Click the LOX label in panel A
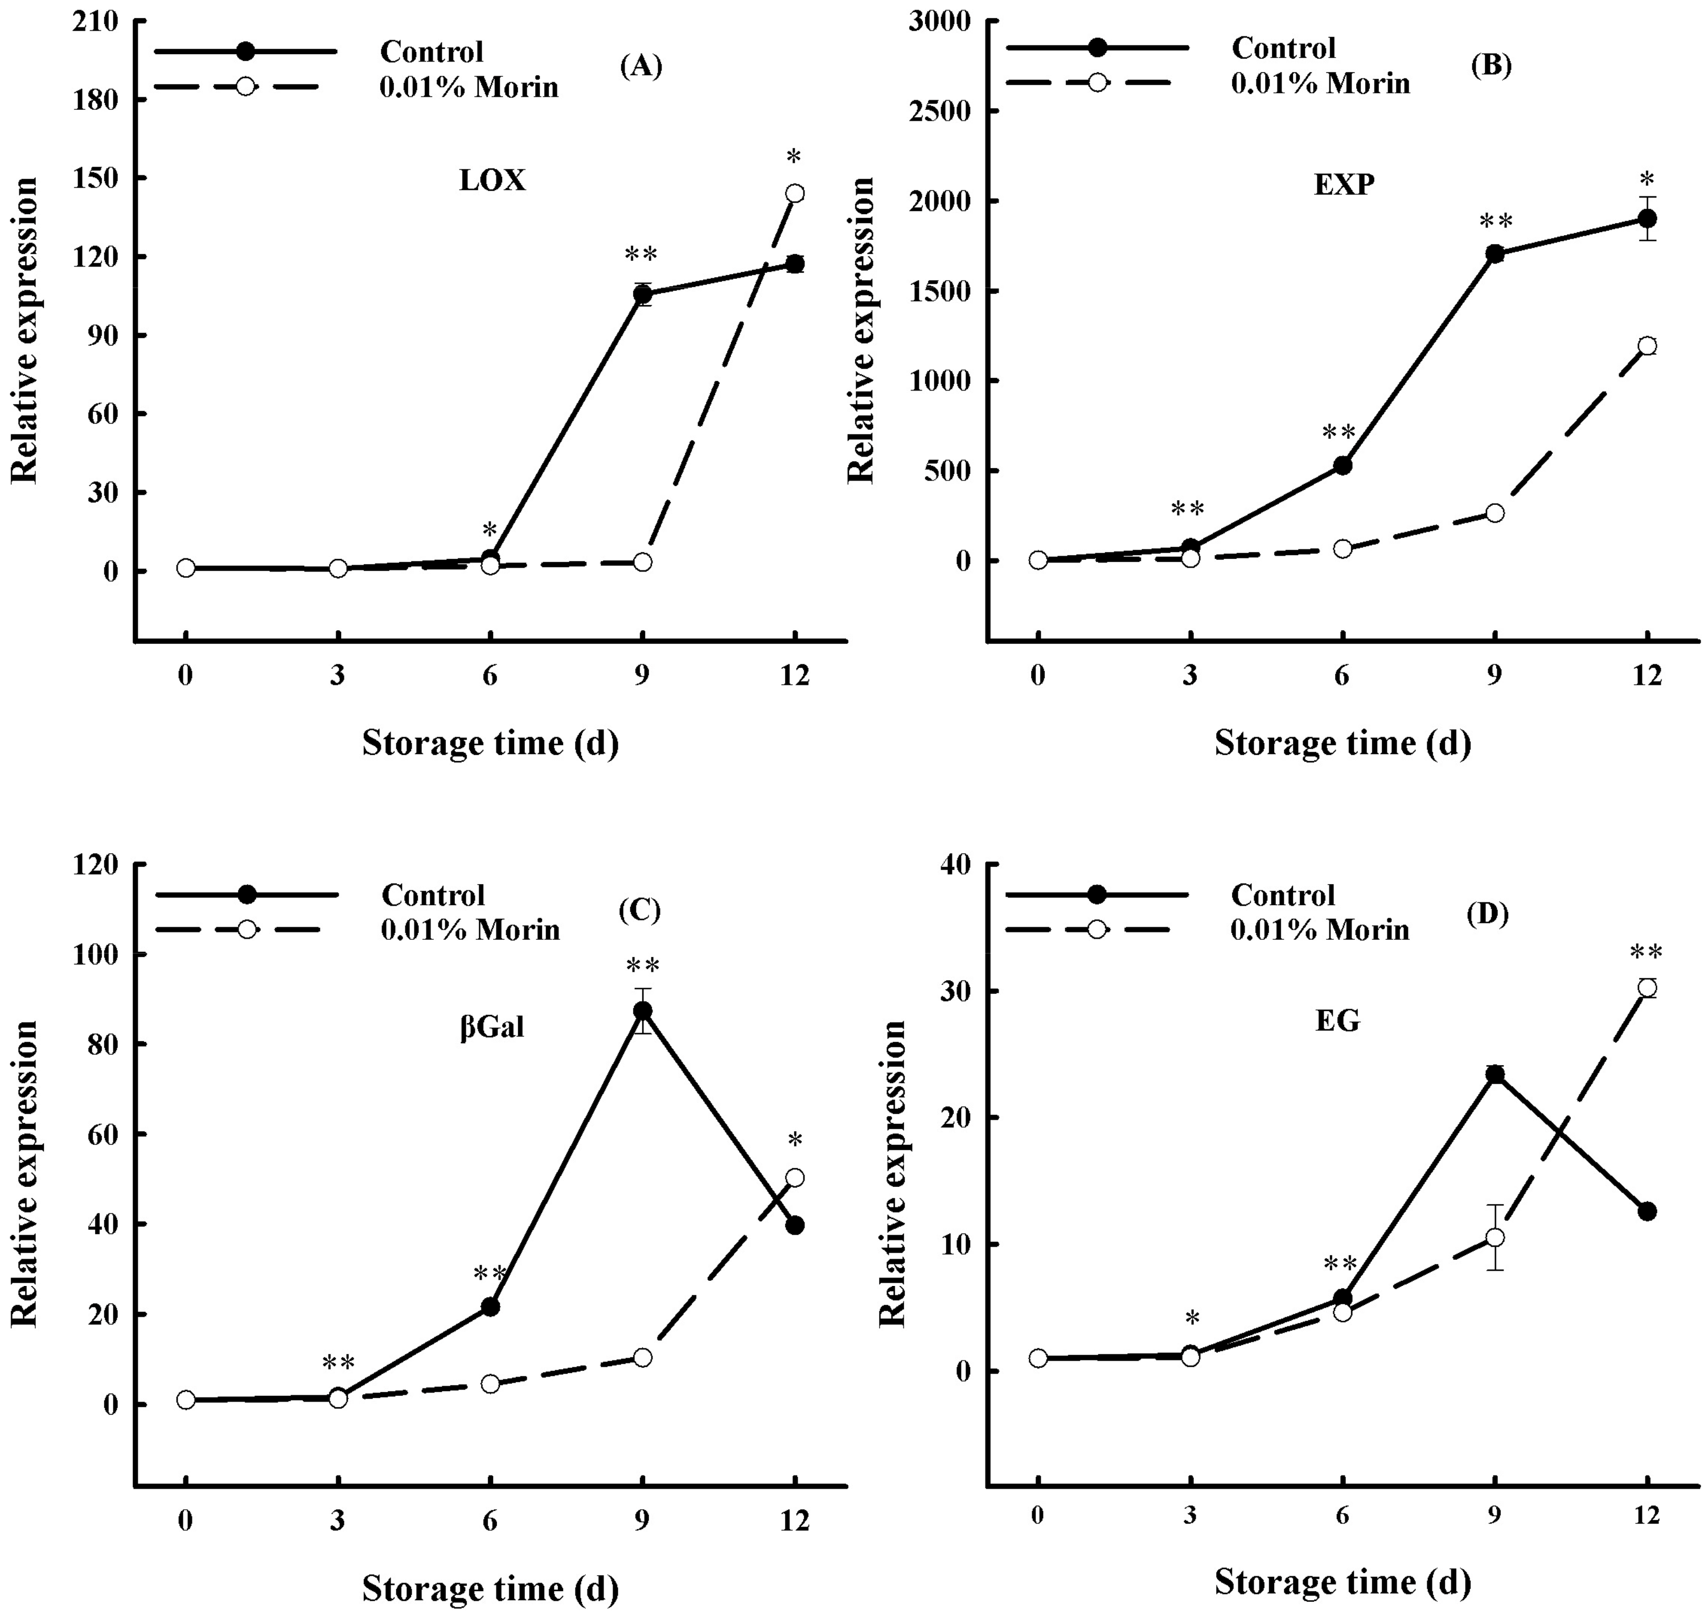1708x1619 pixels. pos(492,180)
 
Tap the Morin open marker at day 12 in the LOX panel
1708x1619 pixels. pos(794,194)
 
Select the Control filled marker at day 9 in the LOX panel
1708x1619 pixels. pos(642,294)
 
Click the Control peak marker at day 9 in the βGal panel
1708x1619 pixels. pos(642,1010)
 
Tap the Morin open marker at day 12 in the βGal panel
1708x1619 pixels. pos(794,1177)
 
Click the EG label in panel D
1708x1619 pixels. pos(1338,1021)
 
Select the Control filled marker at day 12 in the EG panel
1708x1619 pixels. pos(1647,1211)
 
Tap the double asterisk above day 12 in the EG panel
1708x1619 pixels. pos(1646,953)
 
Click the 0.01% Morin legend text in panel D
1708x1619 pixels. pos(1320,930)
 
